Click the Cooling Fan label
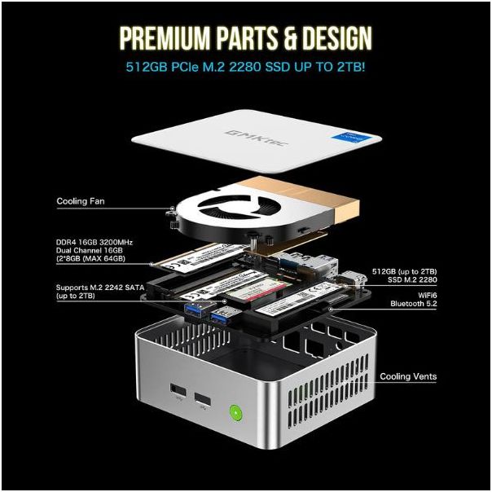click(81, 200)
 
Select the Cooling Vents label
click(408, 376)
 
